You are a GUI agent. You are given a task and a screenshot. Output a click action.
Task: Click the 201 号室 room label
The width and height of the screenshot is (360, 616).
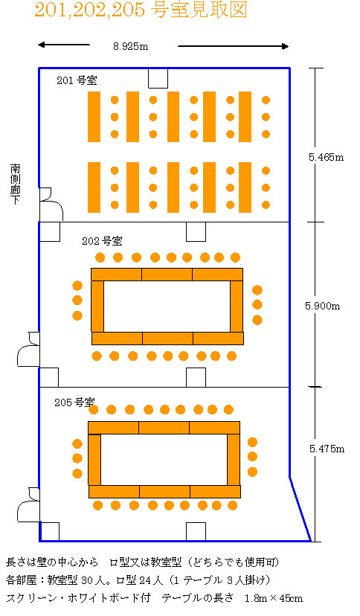pos(77,80)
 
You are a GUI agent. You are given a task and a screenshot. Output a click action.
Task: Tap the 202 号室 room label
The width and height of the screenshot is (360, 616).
pos(102,241)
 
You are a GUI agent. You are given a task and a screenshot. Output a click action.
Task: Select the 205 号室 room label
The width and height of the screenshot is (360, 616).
pos(74,402)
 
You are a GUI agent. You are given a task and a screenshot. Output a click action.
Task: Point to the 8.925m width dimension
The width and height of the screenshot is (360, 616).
pos(131,46)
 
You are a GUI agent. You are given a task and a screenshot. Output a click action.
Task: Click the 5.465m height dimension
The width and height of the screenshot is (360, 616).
pos(326,158)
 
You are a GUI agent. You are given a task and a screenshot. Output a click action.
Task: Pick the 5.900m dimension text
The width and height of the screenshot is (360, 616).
pos(322,306)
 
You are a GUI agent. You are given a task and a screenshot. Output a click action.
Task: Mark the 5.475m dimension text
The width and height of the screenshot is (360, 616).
pos(327,449)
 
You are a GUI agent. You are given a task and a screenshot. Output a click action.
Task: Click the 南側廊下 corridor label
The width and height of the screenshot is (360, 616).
pos(16,185)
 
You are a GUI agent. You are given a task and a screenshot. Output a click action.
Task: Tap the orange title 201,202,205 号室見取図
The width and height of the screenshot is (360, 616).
pos(141,10)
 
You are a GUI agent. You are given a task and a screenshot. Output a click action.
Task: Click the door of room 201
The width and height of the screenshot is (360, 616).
pos(51,205)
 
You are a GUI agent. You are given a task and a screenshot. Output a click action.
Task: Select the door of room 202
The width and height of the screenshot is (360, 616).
pos(28,349)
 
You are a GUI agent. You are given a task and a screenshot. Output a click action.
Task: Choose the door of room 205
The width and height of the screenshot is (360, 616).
pos(28,505)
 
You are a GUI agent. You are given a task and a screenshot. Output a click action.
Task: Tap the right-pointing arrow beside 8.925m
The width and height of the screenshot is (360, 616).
pos(234,46)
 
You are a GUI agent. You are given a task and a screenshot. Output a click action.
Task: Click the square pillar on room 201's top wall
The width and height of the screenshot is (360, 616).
pos(158,78)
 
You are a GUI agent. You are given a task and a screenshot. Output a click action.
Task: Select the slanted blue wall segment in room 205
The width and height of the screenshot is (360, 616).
pos(300,510)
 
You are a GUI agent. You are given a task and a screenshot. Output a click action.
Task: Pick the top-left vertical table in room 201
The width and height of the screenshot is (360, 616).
pos(94,117)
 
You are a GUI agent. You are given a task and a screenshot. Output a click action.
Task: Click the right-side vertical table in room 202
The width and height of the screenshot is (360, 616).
pos(237,307)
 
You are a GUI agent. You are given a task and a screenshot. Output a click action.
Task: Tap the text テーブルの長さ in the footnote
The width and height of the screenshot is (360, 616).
pos(198,598)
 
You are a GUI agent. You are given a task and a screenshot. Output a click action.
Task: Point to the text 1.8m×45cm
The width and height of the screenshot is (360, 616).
pos(274,599)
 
